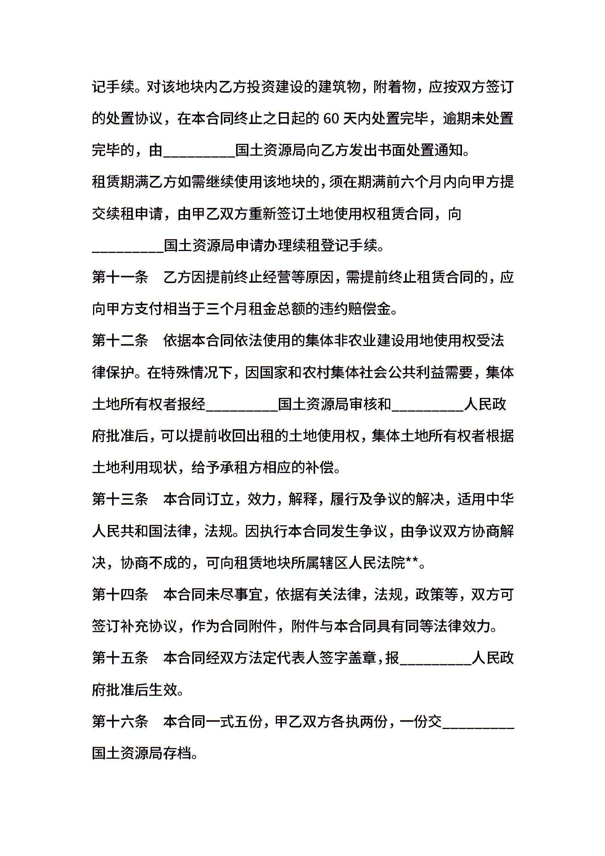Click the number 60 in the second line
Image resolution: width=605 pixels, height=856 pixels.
coord(331,119)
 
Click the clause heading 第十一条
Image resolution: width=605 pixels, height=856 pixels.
coord(120,277)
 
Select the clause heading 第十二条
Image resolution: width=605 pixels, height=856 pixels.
coord(120,341)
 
